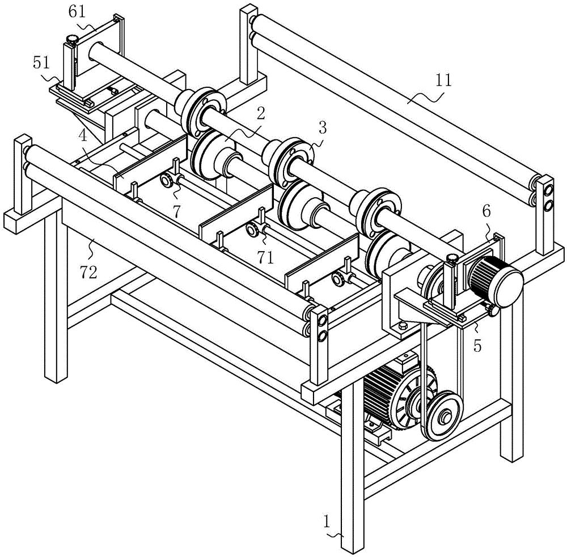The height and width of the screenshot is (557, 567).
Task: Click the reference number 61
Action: [77, 12]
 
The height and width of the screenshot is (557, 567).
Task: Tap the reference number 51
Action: [41, 63]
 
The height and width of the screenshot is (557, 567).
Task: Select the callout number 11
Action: [443, 80]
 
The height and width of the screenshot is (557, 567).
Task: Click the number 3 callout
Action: [322, 127]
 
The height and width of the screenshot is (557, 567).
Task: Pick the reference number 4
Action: [83, 136]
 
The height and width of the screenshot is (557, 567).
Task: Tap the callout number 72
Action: [89, 273]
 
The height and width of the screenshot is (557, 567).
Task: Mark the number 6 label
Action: [486, 211]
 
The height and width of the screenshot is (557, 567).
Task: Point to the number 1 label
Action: [327, 522]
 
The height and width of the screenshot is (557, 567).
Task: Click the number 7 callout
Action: [176, 211]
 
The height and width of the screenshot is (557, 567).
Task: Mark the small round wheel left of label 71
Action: [252, 230]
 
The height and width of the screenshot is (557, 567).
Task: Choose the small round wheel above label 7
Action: [167, 180]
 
